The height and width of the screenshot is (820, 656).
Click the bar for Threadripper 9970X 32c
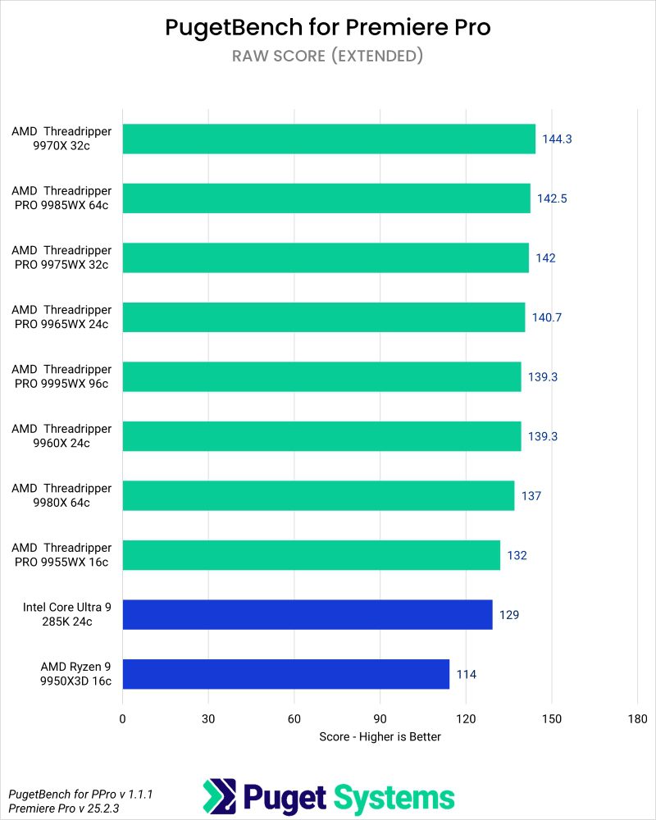[328, 139]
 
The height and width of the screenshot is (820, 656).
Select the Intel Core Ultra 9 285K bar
[307, 614]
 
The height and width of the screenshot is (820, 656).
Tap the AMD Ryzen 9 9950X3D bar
[285, 674]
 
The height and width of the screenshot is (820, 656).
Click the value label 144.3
[557, 139]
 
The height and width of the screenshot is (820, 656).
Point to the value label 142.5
[552, 198]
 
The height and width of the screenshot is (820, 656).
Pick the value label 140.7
[546, 317]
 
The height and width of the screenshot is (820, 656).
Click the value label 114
[467, 674]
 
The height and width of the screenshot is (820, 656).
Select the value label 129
[509, 614]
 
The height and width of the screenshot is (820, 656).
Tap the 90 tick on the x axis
[380, 718]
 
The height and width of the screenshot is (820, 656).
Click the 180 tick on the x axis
[637, 718]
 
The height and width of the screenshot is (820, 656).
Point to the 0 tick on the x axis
[123, 718]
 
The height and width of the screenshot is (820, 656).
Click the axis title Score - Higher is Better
[380, 736]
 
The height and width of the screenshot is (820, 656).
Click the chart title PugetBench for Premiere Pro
[328, 27]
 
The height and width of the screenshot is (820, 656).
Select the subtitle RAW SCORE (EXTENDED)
[328, 56]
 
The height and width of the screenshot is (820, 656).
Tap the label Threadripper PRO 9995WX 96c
[61, 376]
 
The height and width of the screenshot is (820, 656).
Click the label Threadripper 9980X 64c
[61, 495]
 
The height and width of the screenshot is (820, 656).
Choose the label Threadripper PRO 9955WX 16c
[61, 555]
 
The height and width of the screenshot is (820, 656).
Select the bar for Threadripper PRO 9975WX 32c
[326, 257]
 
